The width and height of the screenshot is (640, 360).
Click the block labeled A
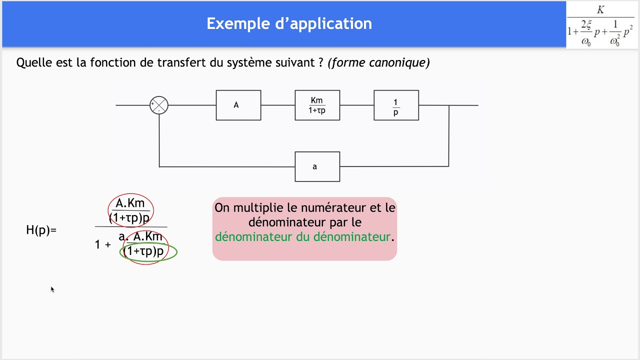coord(238,105)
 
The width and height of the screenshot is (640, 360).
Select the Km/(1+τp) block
coord(317,105)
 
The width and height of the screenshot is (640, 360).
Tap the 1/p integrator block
coord(396,105)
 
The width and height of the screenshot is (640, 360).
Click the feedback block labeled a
coord(317,166)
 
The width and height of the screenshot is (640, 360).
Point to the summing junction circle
coord(159,105)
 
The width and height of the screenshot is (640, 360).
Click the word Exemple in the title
coord(238,23)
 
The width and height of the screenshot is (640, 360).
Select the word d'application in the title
coord(323,23)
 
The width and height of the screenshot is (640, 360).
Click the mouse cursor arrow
coord(52,289)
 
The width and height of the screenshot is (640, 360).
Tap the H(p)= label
coord(41,230)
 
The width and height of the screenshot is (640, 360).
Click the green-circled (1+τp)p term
coord(148,251)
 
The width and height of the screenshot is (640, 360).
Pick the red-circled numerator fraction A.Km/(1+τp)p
coord(130,210)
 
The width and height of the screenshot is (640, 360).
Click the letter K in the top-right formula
coord(600,9)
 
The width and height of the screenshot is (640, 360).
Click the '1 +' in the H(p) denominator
coord(103,244)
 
